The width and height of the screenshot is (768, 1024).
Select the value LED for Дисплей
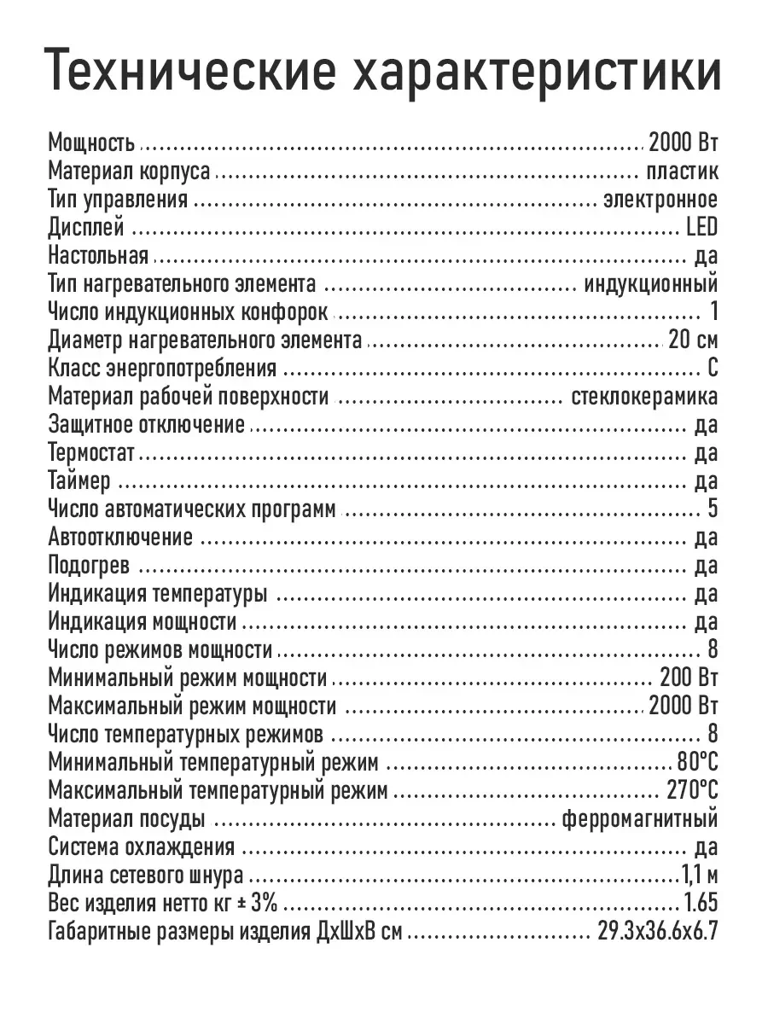(x=701, y=227)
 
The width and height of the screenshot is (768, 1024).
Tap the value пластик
(x=682, y=171)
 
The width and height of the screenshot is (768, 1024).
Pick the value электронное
(x=660, y=199)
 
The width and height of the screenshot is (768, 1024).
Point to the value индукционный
(x=651, y=283)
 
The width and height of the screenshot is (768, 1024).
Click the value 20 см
(x=693, y=340)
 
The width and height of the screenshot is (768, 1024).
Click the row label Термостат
(x=91, y=452)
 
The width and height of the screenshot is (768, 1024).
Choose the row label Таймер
(x=79, y=481)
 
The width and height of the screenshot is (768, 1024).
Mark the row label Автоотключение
(x=120, y=538)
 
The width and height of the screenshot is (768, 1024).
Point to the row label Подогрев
(x=90, y=566)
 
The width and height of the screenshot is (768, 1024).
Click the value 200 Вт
(x=689, y=678)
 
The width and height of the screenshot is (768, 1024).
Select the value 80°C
(x=696, y=763)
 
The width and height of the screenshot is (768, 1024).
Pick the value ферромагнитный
(x=640, y=819)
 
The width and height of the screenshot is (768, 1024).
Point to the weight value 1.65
(x=701, y=904)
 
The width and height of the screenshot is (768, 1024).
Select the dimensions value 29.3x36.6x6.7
(x=657, y=932)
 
